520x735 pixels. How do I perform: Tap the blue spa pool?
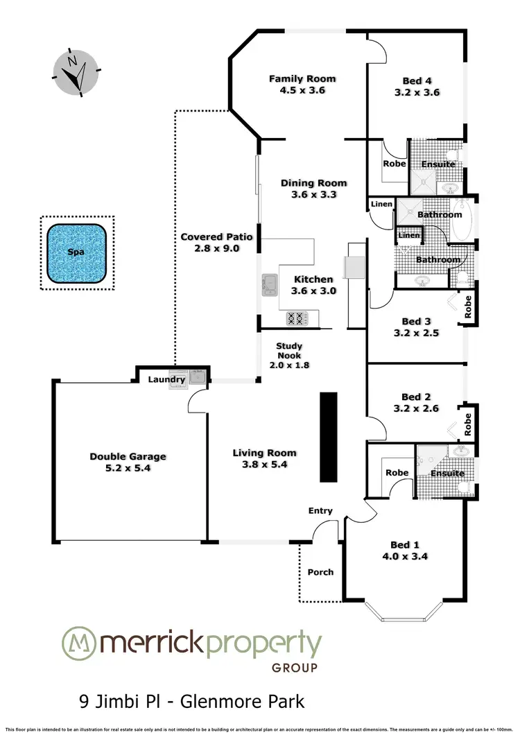tap(76, 252)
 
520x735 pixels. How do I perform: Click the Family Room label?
tap(297, 79)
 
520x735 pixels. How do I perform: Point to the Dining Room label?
tap(313, 183)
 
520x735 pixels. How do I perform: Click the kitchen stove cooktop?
tap(297, 319)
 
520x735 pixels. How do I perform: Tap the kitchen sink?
tap(269, 284)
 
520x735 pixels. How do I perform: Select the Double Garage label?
tap(128, 456)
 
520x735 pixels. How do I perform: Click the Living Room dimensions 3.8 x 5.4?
tap(260, 465)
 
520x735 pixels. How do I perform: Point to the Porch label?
tap(320, 572)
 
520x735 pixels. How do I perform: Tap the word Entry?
tap(320, 511)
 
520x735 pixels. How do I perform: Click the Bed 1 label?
tap(412, 544)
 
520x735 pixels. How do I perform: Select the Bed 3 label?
tap(412, 321)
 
